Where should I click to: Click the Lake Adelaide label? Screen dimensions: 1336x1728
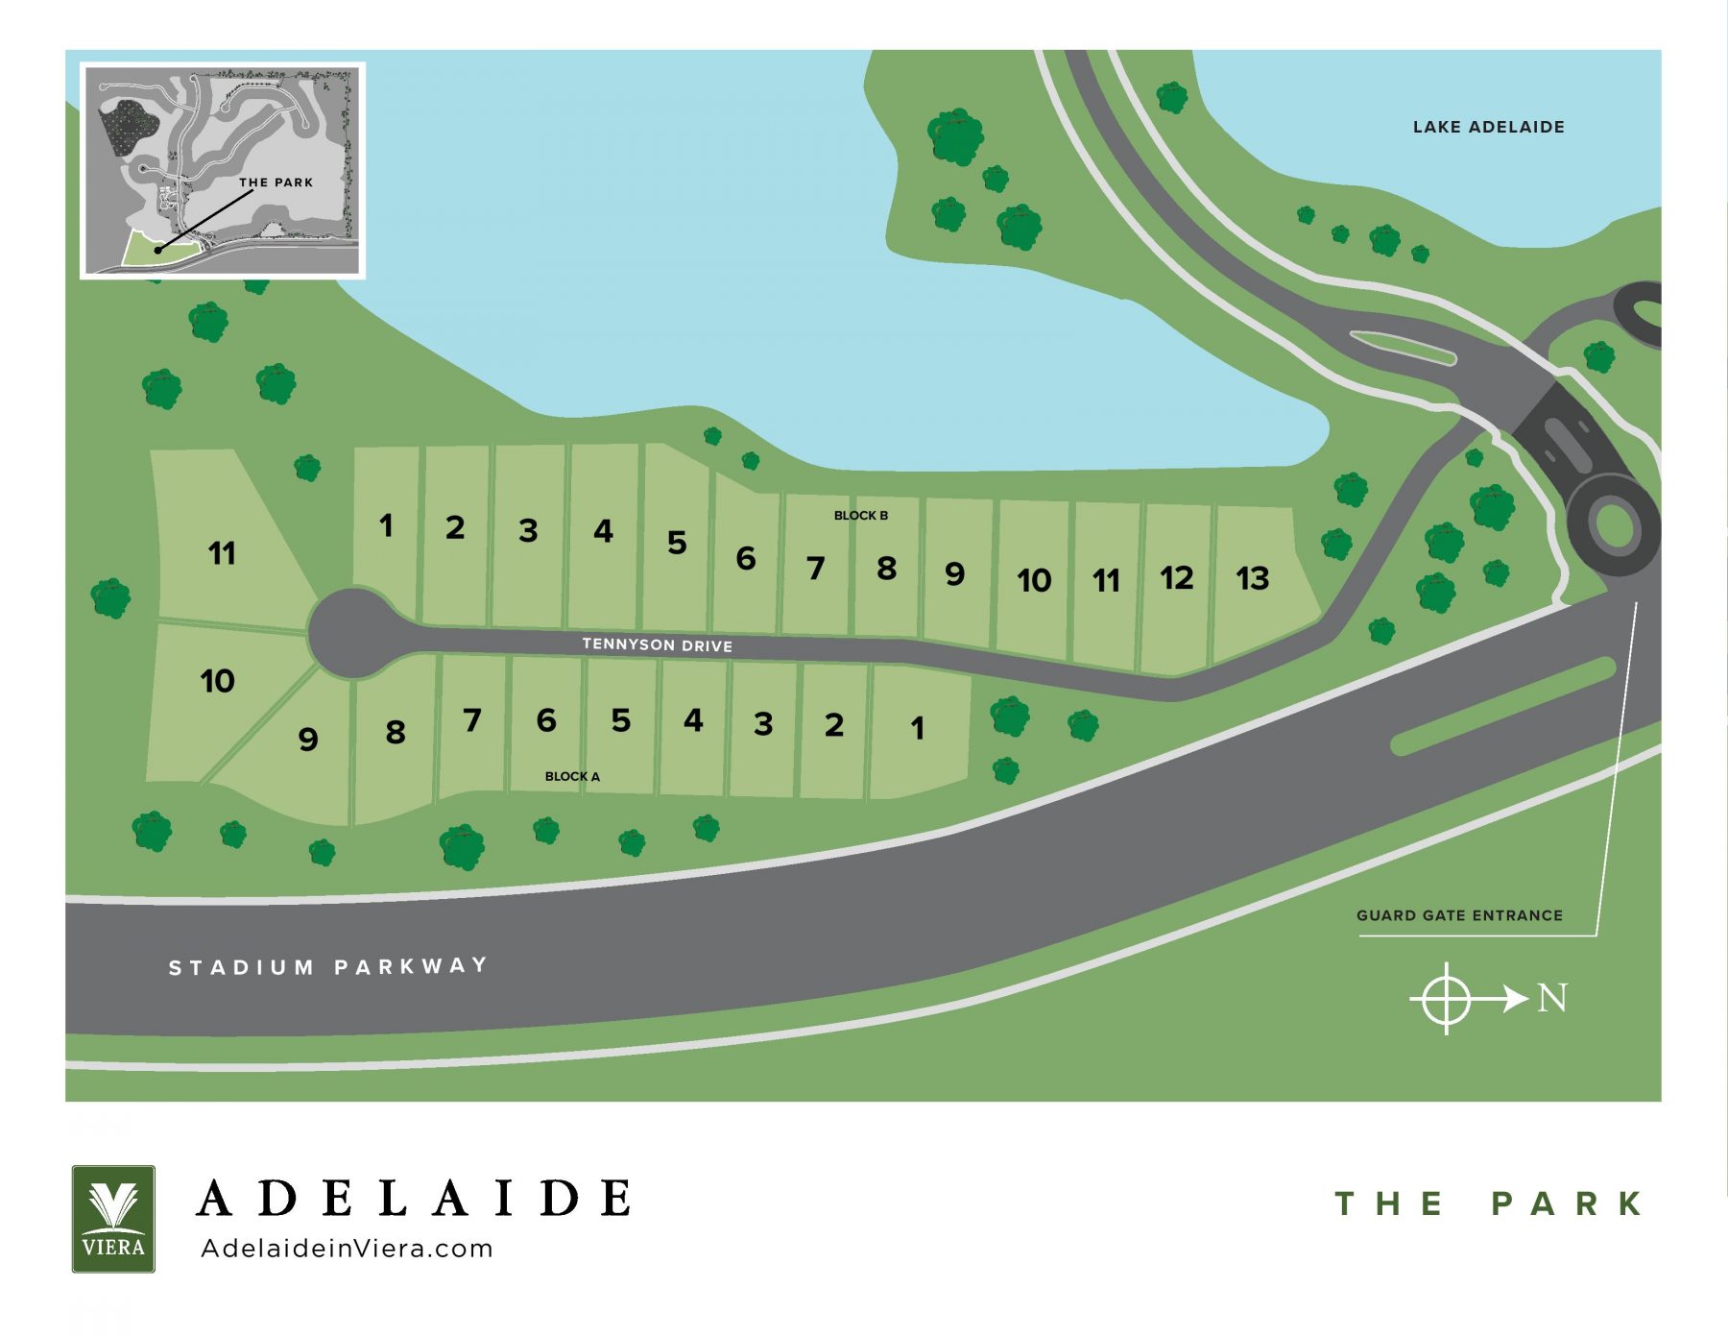1488,127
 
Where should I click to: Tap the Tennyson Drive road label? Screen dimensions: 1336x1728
657,644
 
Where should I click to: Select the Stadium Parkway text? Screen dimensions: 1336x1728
327,966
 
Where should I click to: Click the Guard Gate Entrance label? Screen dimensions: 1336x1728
1458,915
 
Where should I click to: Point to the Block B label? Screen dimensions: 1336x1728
860,516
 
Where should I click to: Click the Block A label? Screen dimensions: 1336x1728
572,776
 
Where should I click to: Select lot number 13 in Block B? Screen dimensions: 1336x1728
1252,578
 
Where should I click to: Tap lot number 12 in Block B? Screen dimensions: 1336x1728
1176,577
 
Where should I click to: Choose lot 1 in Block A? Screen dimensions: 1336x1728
917,728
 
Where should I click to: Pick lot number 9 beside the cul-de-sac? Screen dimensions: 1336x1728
307,739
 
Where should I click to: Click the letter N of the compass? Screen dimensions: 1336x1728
1552,999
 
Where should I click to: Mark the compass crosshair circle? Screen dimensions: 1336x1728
1446,999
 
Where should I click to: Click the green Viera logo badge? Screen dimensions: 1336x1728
113,1218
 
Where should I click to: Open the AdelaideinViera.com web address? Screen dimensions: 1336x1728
347,1249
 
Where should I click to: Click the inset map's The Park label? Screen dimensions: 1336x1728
276,182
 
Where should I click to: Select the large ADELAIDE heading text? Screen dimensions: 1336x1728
414,1199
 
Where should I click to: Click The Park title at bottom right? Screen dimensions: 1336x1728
1488,1203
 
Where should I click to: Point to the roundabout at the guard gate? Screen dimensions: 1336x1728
1614,526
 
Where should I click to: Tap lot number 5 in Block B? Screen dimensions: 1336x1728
677,543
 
